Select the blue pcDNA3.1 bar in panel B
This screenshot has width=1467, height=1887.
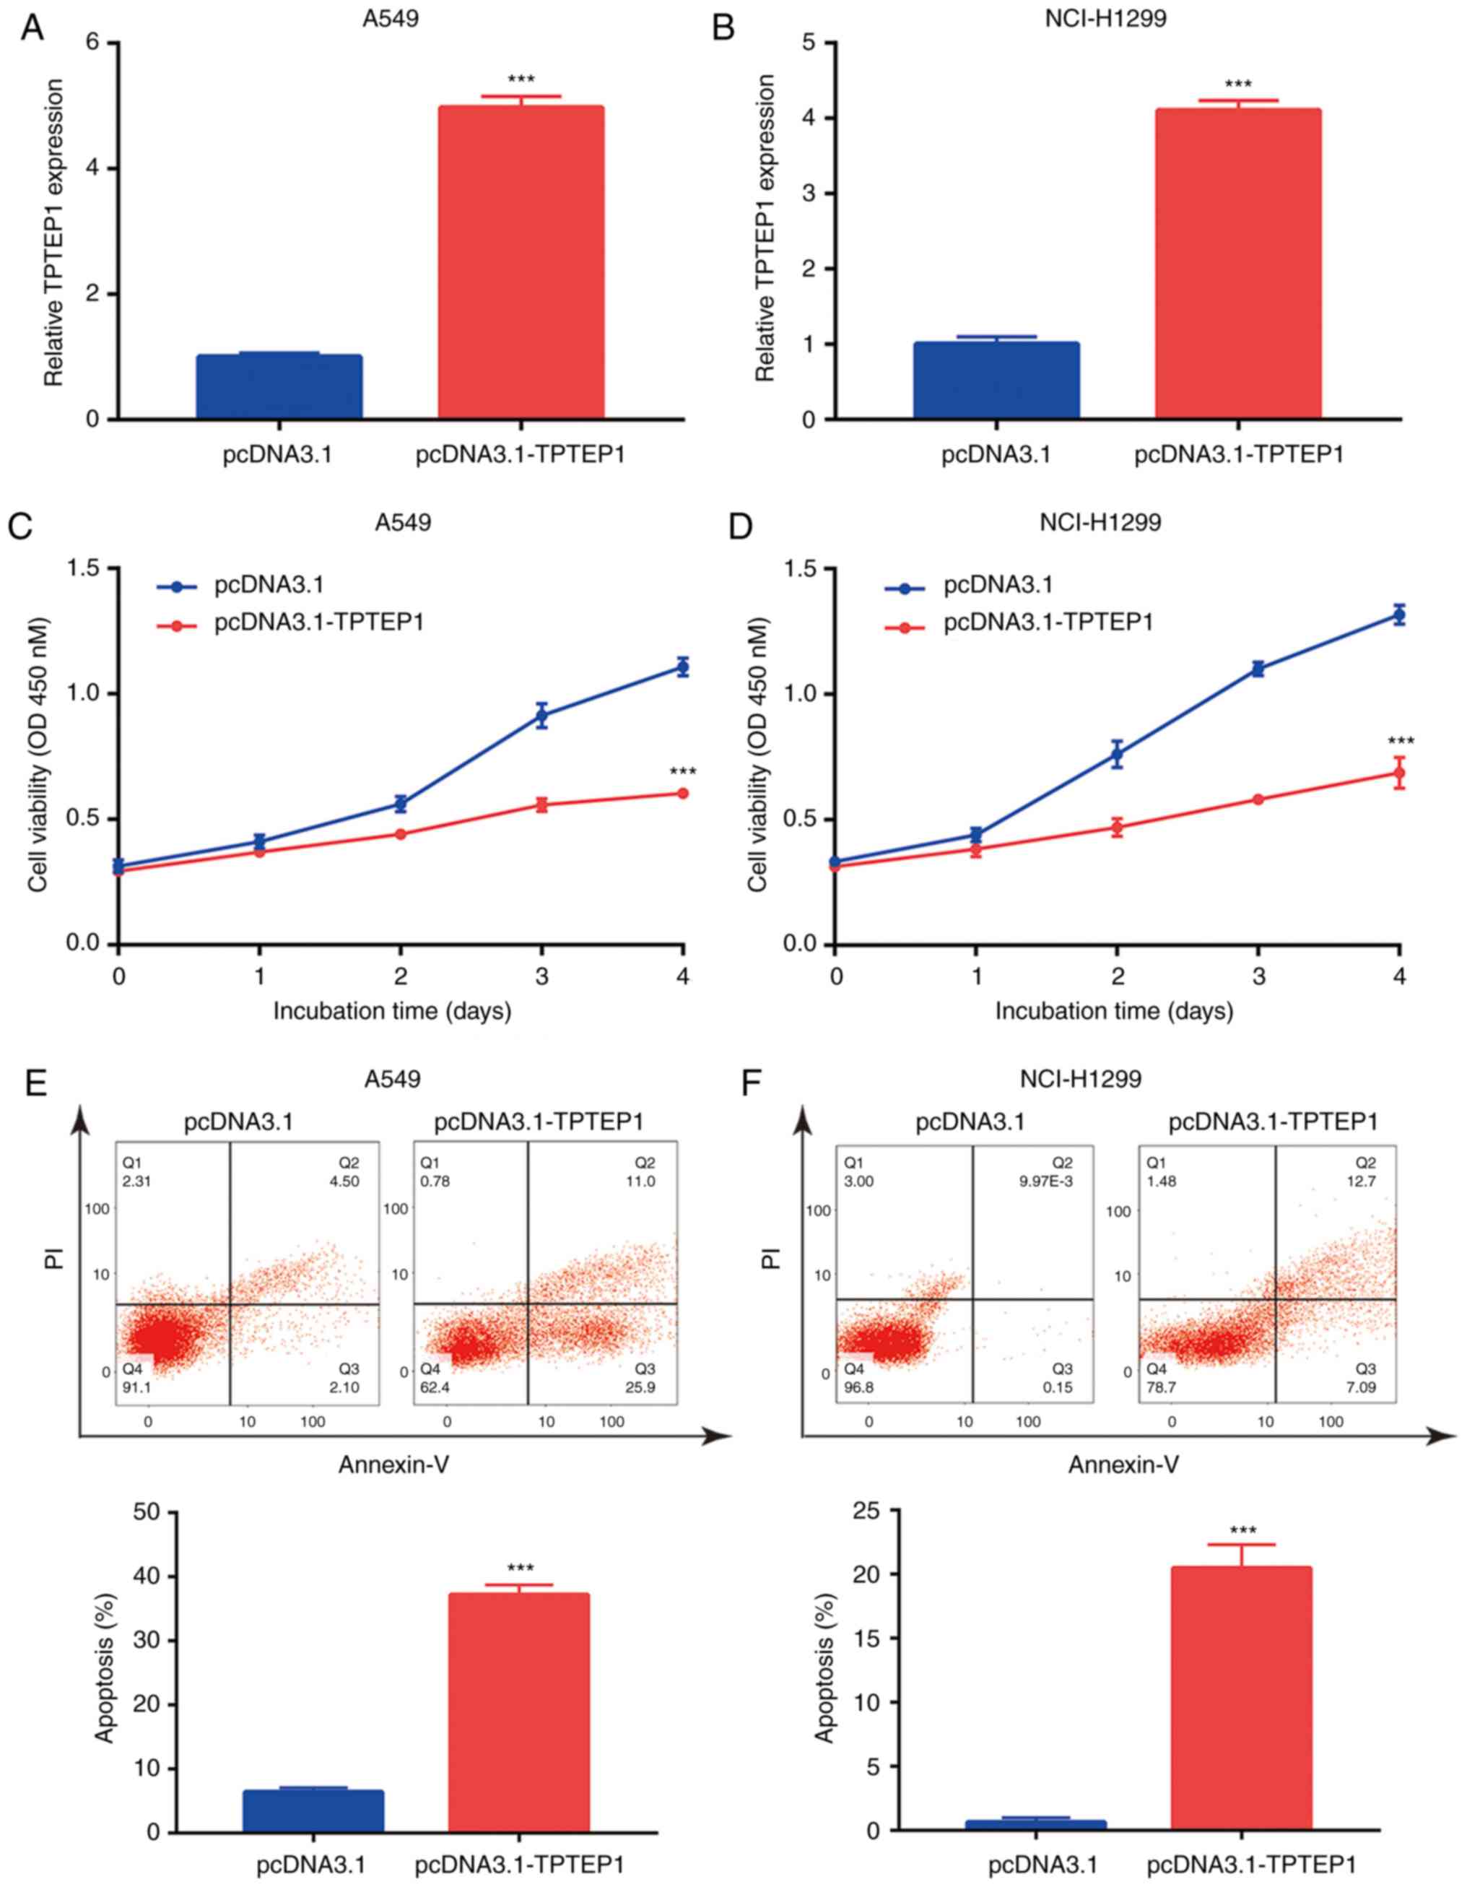996,380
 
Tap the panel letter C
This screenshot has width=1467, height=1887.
19,526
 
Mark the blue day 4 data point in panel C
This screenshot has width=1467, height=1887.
682,667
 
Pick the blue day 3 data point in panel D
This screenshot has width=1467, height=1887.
1258,669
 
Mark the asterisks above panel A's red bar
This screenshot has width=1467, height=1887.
521,80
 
